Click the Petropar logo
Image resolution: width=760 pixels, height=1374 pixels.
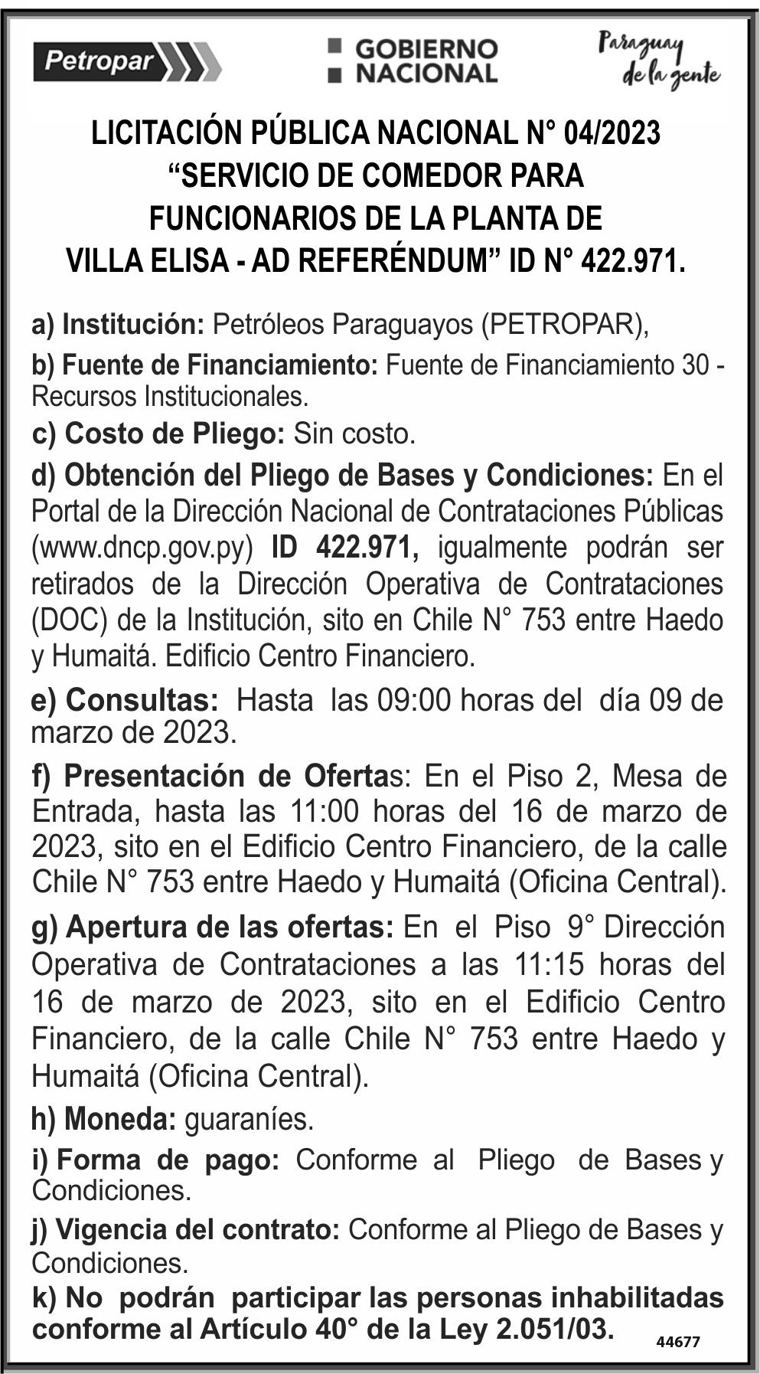[127, 61]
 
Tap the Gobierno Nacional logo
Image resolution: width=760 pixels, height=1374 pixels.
[413, 61]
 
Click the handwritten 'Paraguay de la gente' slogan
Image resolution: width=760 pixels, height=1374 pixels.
[659, 61]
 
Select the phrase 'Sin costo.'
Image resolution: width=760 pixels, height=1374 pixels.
[354, 434]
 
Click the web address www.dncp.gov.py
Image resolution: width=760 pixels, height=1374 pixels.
[142, 548]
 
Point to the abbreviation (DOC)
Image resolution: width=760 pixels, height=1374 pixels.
[70, 620]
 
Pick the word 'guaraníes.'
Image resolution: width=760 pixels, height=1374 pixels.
[250, 1120]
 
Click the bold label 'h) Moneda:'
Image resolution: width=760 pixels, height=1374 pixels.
[104, 1120]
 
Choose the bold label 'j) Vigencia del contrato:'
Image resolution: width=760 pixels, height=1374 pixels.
[186, 1230]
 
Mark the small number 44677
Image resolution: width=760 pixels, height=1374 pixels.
[678, 1341]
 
